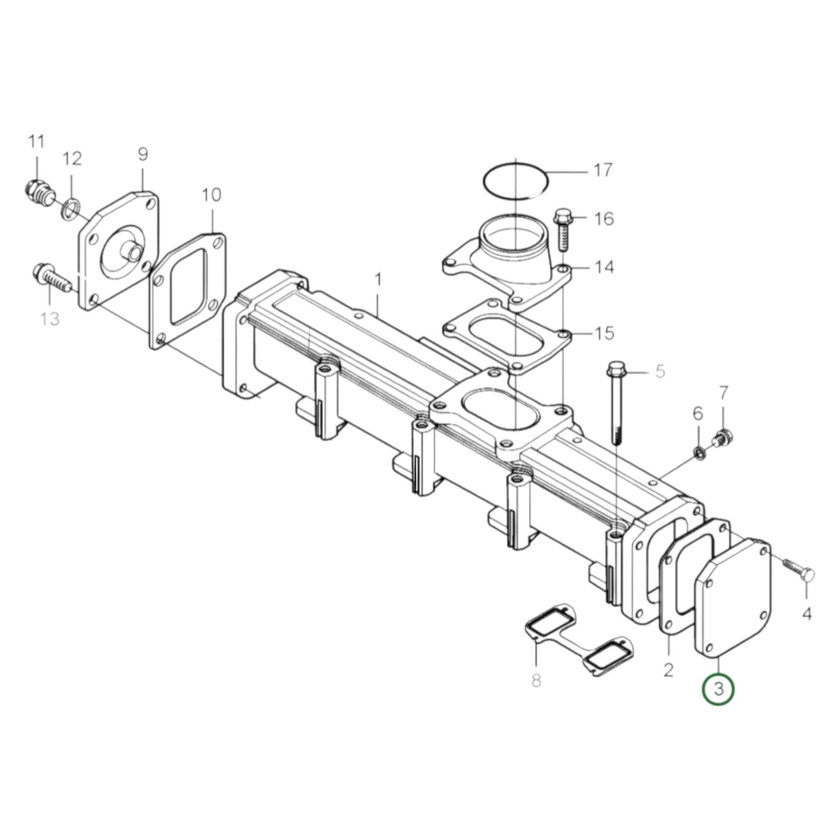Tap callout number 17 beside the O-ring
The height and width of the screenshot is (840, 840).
(x=603, y=170)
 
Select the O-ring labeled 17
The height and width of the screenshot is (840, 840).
(x=516, y=182)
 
